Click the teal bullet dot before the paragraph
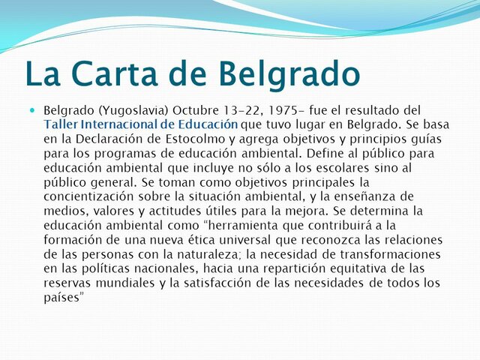[32, 110]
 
